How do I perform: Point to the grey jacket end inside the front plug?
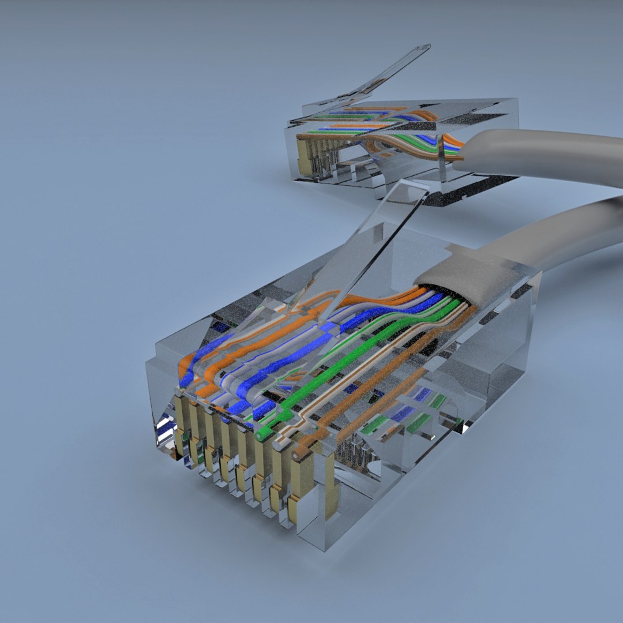[461, 283]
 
